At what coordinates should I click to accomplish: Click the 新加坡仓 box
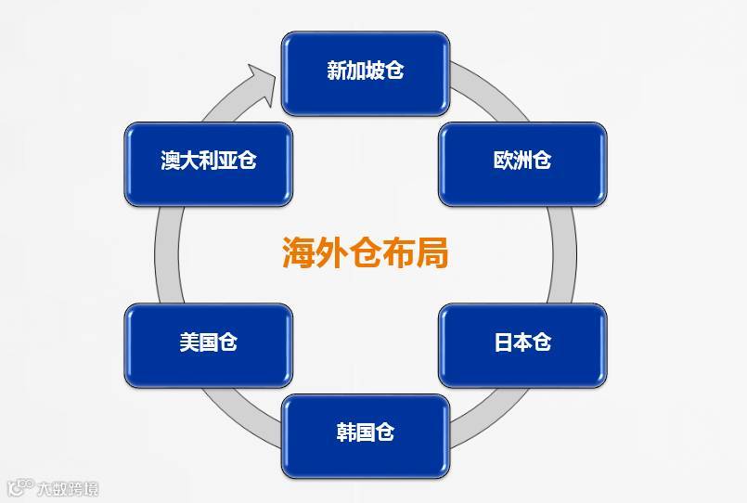coord(366,71)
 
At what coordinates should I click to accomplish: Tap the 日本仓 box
coord(522,343)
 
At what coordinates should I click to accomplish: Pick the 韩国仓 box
coord(366,433)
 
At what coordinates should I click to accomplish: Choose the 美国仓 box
coord(209,343)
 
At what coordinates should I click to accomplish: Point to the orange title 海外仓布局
coord(366,252)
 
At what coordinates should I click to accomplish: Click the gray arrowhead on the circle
coord(263,82)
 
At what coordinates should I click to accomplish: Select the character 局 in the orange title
coord(432,252)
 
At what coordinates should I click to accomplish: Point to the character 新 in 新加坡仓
coord(337,71)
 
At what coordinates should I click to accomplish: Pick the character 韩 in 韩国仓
coord(346,433)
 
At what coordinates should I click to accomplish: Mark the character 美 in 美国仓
coord(189,343)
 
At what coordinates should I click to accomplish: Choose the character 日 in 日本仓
coord(503,343)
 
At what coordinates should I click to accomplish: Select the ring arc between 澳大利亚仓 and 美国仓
coord(168,252)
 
